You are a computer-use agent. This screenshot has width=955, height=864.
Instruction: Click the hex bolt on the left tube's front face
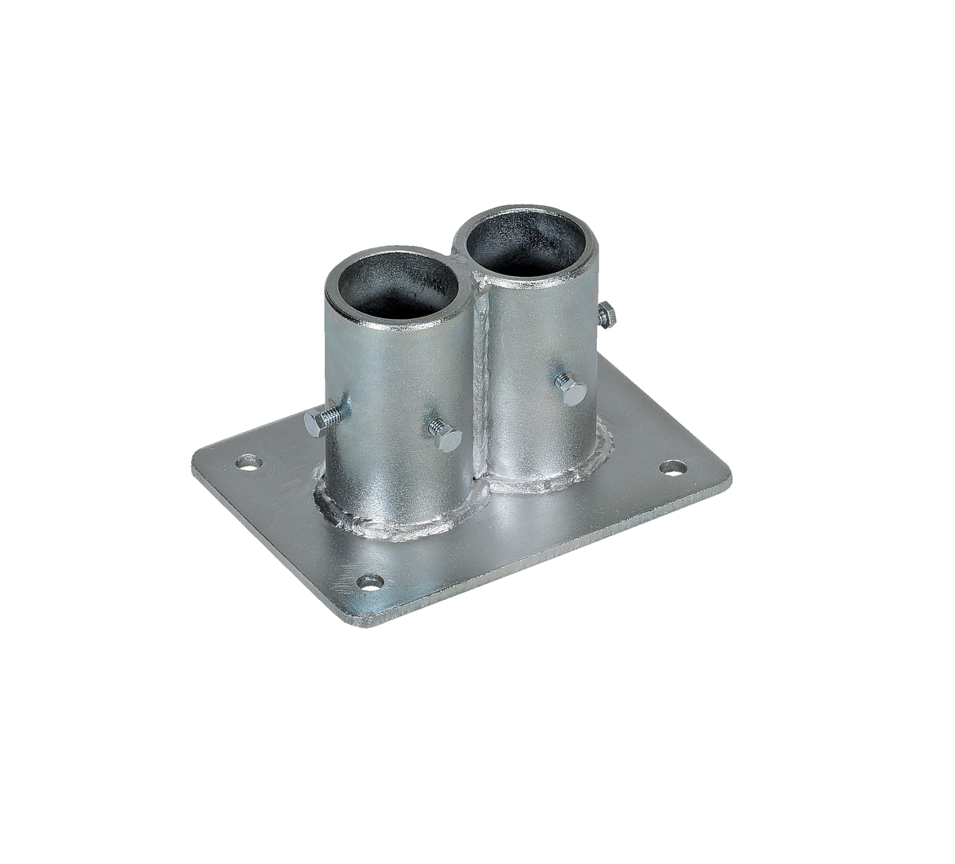446,435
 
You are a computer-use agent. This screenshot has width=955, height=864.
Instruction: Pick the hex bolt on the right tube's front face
571,390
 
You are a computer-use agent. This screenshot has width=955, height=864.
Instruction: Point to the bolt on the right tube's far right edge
606,315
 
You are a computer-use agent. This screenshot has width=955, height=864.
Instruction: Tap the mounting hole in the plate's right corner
673,468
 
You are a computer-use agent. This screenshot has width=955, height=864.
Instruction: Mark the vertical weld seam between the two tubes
481,374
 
